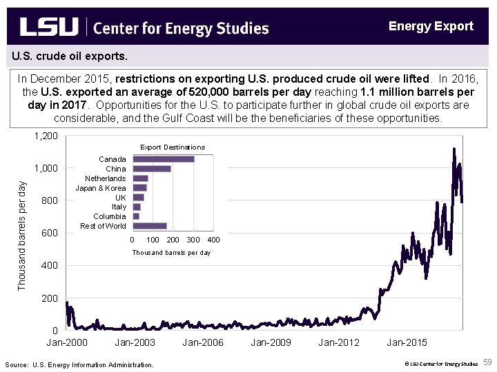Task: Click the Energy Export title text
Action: tap(431, 26)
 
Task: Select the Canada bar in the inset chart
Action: tap(163, 159)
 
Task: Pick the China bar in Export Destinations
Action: tap(151, 169)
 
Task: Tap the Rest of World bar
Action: tap(149, 226)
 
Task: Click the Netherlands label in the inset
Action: tap(105, 178)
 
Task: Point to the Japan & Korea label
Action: tap(101, 188)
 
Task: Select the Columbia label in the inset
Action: tap(109, 216)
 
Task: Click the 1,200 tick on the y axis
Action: tap(46, 136)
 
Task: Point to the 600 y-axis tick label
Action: tap(50, 234)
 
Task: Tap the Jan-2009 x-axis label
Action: tap(271, 342)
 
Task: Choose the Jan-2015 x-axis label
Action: tap(407, 342)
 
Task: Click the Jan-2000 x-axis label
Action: tap(67, 342)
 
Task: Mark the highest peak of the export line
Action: tap(454, 148)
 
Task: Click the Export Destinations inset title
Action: tap(173, 147)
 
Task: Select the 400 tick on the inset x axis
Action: tap(213, 240)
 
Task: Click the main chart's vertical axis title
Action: tap(21, 234)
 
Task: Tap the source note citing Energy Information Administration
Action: tap(79, 364)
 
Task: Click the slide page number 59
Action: tap(487, 362)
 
